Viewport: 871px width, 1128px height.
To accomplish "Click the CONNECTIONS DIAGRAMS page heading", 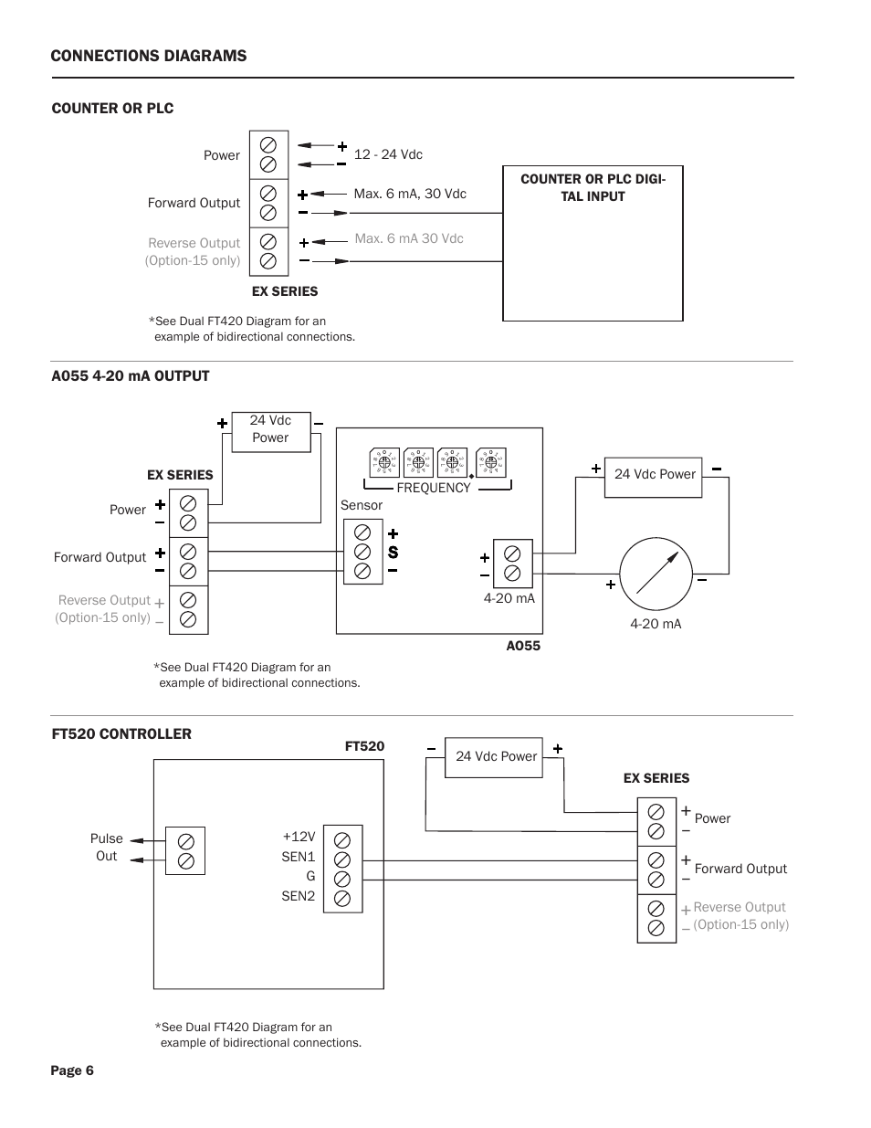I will [148, 56].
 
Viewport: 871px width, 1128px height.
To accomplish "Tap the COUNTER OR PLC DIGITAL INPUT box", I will [593, 243].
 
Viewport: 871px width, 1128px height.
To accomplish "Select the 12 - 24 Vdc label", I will [388, 154].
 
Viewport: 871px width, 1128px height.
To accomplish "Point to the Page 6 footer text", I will [72, 1070].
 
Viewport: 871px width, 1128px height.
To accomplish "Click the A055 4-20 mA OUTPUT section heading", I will [131, 375].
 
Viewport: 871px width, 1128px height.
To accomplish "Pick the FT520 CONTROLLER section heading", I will [121, 733].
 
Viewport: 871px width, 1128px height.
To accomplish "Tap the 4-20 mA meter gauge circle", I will [656, 575].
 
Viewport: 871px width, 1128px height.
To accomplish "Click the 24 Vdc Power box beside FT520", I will [493, 757].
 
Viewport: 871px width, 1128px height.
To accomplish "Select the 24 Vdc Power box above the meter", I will [654, 474].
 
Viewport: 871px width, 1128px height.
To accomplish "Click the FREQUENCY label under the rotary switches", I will [434, 488].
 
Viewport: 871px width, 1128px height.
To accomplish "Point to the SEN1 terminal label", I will [298, 856].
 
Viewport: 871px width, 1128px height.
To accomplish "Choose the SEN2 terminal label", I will [298, 896].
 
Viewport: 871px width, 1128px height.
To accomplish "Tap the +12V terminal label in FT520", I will [299, 837].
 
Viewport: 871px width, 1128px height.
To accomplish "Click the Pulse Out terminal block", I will [185, 850].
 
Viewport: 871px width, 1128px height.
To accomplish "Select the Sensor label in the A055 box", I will [361, 505].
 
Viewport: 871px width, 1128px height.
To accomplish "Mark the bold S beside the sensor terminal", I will [394, 553].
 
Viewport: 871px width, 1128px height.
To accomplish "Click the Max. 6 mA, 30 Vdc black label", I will [410, 194].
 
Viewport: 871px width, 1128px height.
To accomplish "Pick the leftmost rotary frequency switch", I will [384, 462].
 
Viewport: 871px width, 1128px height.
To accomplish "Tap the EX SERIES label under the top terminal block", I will [285, 291].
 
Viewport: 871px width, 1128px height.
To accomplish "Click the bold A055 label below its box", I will [523, 646].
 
